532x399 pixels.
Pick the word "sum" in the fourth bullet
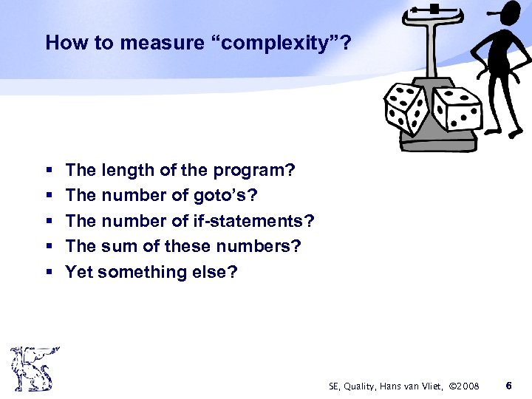(120, 246)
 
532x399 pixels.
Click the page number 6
(508, 386)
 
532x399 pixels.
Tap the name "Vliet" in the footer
(424, 386)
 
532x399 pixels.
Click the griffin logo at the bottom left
(33, 368)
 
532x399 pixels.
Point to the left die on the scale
(405, 108)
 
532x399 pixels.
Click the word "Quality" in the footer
(360, 386)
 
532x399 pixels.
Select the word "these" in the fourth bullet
(188, 246)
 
